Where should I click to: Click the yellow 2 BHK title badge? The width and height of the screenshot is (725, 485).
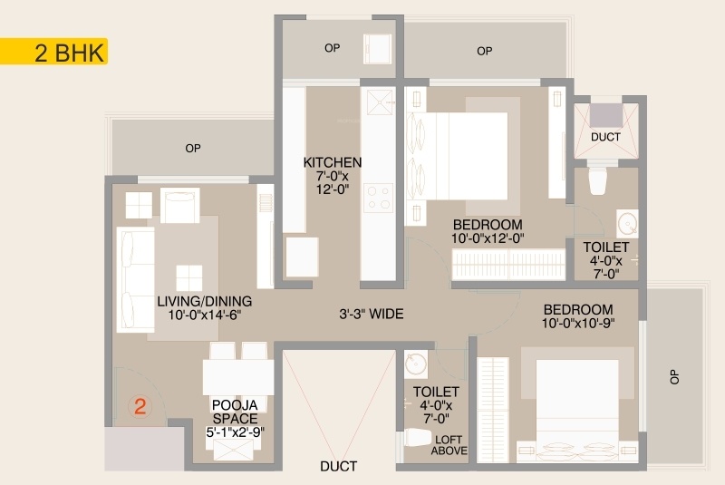pyautogui.click(x=53, y=52)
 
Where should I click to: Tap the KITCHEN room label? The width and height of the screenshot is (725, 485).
pyautogui.click(x=333, y=162)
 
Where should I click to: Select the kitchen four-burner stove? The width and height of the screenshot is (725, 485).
pyautogui.click(x=378, y=198)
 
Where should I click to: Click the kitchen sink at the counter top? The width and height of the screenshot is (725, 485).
pyautogui.click(x=380, y=102)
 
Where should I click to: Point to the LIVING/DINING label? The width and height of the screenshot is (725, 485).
pyautogui.click(x=205, y=302)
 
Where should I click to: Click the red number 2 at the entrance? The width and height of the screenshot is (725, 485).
pyautogui.click(x=140, y=406)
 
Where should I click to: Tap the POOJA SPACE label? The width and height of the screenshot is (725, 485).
pyautogui.click(x=235, y=412)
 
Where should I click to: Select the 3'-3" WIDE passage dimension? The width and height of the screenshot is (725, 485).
pyautogui.click(x=372, y=314)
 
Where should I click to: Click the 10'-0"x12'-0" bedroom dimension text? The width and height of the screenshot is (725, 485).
pyautogui.click(x=488, y=238)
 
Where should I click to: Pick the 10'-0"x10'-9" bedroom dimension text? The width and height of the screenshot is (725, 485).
pyautogui.click(x=578, y=323)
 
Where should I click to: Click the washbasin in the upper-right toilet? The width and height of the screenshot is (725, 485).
pyautogui.click(x=627, y=224)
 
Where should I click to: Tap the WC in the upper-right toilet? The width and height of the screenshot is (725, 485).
pyautogui.click(x=597, y=180)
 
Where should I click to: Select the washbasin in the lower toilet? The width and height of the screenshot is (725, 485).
pyautogui.click(x=416, y=364)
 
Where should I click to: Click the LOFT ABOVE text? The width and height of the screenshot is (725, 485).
pyautogui.click(x=449, y=445)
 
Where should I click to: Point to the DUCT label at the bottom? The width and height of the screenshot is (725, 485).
pyautogui.click(x=338, y=466)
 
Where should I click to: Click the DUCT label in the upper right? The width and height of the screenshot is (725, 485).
pyautogui.click(x=605, y=137)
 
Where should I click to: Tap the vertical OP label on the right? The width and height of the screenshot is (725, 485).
pyautogui.click(x=674, y=377)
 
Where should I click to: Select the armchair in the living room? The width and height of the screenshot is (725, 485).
pyautogui.click(x=180, y=205)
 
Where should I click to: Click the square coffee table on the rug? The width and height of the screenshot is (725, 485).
pyautogui.click(x=189, y=278)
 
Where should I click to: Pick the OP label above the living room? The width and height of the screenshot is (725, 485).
pyautogui.click(x=193, y=148)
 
